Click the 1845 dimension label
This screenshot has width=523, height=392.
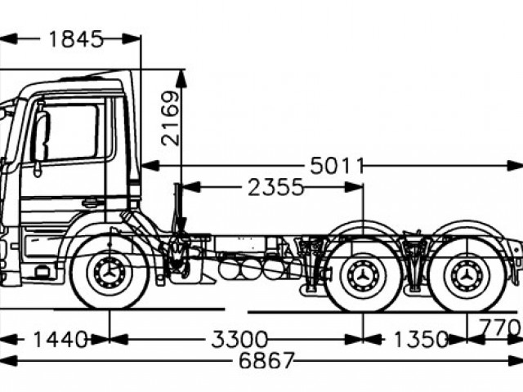pyautogui.click(x=76, y=38)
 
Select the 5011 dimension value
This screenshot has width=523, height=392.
pyautogui.click(x=336, y=166)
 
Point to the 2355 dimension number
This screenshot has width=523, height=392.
pyautogui.click(x=275, y=188)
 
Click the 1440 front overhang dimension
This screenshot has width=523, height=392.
pyautogui.click(x=60, y=339)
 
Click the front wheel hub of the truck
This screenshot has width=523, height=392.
pyautogui.click(x=110, y=275)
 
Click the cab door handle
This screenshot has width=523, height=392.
pyautogui.click(x=92, y=202)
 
